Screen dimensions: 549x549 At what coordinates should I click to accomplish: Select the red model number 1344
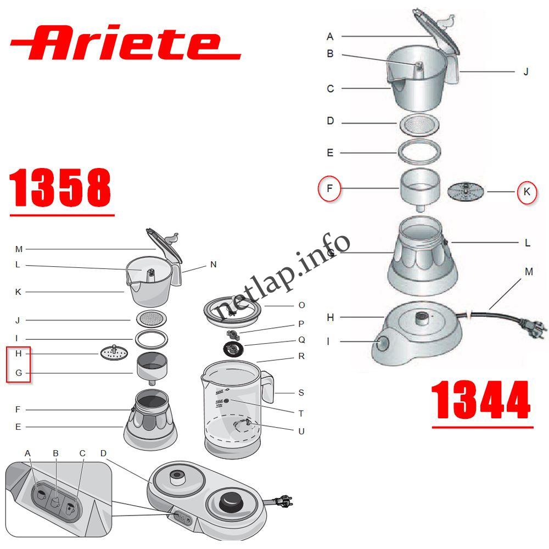pos(481,401)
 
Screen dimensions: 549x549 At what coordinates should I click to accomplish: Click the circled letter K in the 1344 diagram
pos(526,192)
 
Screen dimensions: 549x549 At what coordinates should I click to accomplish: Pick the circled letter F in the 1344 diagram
pos(329,190)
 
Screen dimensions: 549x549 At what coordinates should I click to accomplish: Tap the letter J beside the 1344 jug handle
pos(525,71)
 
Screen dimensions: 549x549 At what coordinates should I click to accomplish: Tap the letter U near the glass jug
pos(301,432)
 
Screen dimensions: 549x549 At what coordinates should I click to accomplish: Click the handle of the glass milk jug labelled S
pos(267,387)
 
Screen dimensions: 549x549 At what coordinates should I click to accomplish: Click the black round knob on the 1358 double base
pos(231,503)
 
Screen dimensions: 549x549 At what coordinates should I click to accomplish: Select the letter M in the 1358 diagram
pos(19,249)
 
